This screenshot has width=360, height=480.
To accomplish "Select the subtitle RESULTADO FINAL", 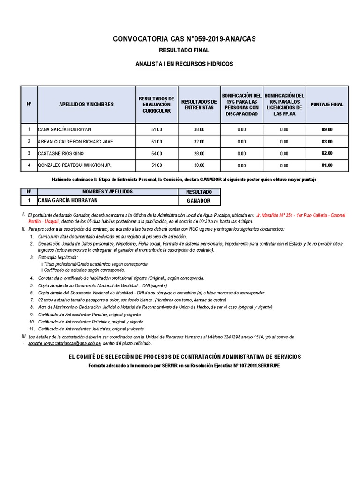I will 184,50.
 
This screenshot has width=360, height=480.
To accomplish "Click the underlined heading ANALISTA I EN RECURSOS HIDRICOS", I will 184,63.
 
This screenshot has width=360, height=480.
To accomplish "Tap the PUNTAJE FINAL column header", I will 327,105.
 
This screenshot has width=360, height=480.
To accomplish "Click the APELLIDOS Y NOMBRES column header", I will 86,105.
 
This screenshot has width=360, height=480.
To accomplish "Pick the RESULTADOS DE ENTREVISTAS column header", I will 199,105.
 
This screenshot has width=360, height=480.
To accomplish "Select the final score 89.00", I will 327,129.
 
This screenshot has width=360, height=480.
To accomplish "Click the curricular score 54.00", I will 157,153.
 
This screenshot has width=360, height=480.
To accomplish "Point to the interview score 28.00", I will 199,153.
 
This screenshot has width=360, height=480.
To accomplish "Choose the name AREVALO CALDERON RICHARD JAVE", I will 76,142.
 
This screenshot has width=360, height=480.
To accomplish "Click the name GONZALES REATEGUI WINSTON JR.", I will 75,165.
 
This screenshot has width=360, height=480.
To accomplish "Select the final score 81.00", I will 327,165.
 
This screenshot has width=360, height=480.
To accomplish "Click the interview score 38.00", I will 199,129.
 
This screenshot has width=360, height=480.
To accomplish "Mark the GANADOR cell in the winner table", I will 199,201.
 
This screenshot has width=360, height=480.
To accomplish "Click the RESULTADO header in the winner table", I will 199,192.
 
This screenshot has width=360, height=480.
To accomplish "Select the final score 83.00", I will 327,142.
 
